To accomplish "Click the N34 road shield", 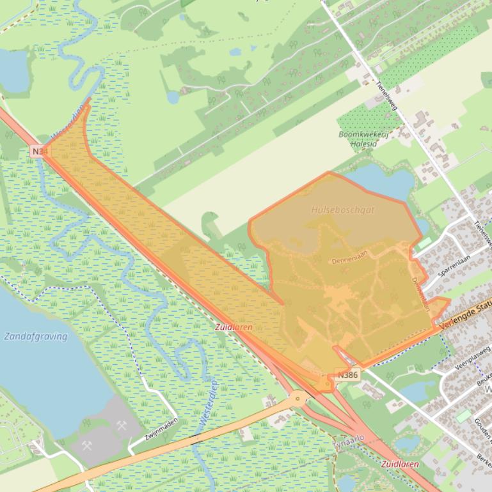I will (x=39, y=151).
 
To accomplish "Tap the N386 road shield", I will (x=347, y=375).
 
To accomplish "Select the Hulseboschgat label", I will (x=343, y=210).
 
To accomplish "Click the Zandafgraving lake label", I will (x=36, y=336).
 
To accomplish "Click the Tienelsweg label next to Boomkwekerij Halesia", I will (x=386, y=95).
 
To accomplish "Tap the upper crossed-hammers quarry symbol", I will (x=122, y=425).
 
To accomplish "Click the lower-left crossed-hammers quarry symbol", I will (x=88, y=445).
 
